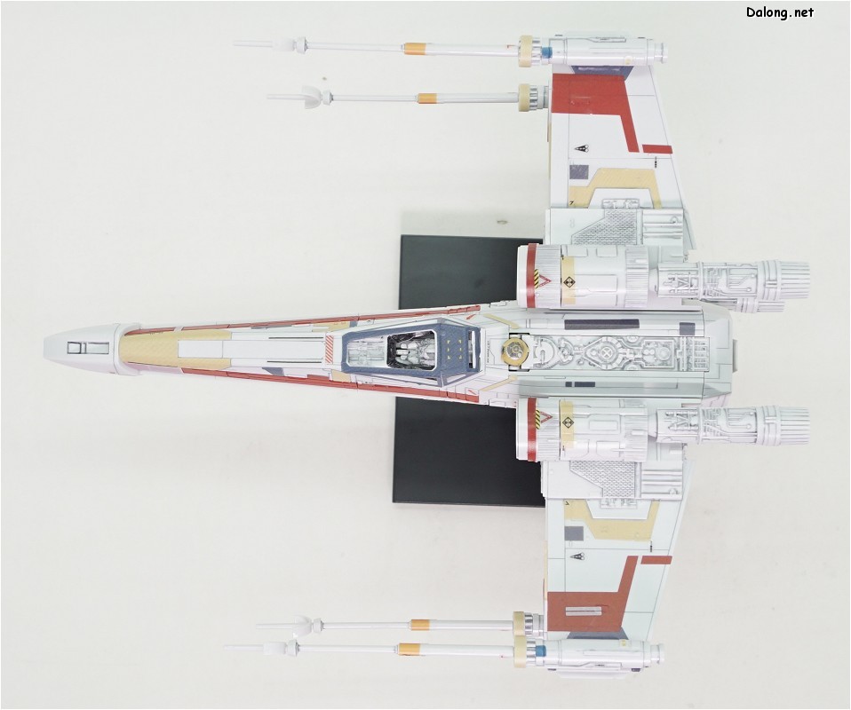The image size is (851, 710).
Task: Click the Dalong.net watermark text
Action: pos(780,12)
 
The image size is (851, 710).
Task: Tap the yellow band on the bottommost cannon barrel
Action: pos(410,648)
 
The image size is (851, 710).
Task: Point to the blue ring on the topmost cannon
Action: pos(546,51)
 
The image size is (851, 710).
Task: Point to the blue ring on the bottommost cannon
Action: pos(540,650)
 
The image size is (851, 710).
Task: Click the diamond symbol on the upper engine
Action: pos(569,281)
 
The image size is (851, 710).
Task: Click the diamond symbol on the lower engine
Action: pos(569,422)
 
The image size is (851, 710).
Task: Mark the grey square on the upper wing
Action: pos(578,173)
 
